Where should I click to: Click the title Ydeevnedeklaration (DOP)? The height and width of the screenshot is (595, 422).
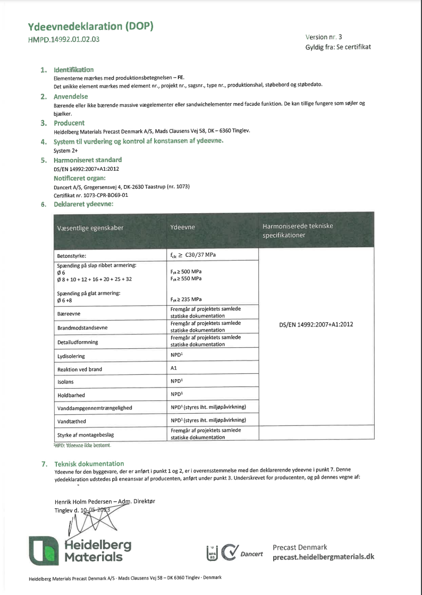pos(90,27)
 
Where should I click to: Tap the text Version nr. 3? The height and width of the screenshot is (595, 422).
pos(324,37)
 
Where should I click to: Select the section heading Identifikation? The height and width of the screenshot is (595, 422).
pos(73,70)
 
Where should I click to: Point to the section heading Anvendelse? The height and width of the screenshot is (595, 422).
pos(70,97)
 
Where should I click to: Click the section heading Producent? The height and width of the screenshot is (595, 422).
pos(69,123)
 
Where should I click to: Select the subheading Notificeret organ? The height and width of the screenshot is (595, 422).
pos(80,178)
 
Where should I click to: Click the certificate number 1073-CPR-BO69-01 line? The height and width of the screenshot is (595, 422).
pos(91,195)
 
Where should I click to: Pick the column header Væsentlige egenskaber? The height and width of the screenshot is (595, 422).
pos(90,228)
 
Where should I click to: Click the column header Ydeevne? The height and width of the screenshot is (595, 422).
pos(183,227)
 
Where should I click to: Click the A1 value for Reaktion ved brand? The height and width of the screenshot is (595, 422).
pos(173,368)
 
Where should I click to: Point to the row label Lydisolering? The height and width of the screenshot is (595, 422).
pos(71,356)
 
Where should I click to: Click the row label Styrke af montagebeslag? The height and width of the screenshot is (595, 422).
pos(86,434)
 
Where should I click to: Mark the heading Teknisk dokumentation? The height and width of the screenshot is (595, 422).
pos(89,464)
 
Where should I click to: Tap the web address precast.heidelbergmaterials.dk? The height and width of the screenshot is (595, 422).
pos(323,557)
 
